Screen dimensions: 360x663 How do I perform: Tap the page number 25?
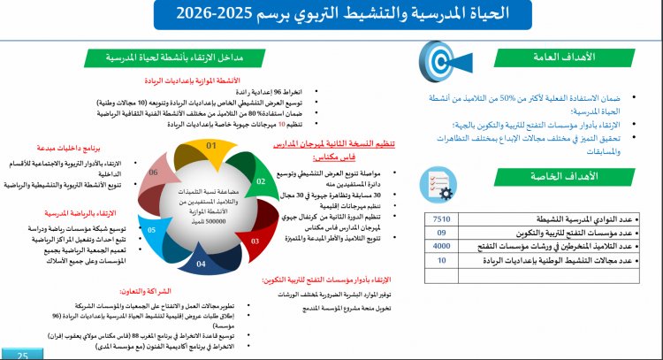coord(24,354)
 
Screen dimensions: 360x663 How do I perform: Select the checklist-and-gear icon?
coord(439,184)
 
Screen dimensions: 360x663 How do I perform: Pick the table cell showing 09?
coord(442,233)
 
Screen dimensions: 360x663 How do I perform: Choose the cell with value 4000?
coord(442,246)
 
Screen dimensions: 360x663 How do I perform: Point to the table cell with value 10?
coord(442,261)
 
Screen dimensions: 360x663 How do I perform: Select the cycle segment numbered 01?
coord(211,146)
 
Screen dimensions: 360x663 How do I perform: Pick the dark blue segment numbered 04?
coord(201,263)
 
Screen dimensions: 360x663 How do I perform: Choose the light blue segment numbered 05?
coord(152,231)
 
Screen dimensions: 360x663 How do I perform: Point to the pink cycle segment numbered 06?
coord(156,173)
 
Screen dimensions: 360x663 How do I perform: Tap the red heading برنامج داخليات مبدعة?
coord(72,148)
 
